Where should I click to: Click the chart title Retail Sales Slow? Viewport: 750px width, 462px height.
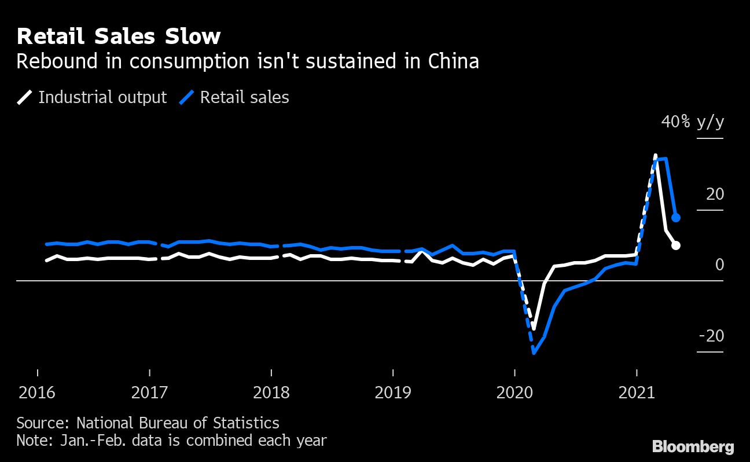(x=119, y=36)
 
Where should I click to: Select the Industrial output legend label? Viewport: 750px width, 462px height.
(x=102, y=97)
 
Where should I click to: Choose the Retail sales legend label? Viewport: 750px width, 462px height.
(x=244, y=97)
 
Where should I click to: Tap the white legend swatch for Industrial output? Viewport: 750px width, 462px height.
(x=24, y=97)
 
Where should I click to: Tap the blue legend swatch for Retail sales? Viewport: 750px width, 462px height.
(x=186, y=97)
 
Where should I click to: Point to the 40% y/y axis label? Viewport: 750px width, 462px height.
(x=693, y=122)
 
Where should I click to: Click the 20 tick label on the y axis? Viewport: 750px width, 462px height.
(x=715, y=194)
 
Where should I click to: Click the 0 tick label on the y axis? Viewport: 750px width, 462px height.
(x=719, y=265)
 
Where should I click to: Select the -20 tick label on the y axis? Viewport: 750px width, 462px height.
(x=711, y=336)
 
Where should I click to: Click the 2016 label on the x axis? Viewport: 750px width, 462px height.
(x=38, y=393)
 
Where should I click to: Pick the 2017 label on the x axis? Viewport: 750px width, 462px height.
(x=150, y=393)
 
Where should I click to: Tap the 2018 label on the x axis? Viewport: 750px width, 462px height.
(x=271, y=393)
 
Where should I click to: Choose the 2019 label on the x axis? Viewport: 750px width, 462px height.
(x=393, y=393)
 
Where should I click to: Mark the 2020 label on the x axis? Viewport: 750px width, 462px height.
(x=514, y=393)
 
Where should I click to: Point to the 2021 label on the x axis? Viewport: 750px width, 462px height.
(x=637, y=393)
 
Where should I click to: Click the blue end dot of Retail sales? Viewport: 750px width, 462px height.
(x=675, y=218)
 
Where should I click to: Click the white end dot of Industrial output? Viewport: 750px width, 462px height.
(x=675, y=245)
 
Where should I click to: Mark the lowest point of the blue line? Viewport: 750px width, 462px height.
(x=534, y=353)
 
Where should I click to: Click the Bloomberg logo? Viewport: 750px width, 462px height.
(x=693, y=447)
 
